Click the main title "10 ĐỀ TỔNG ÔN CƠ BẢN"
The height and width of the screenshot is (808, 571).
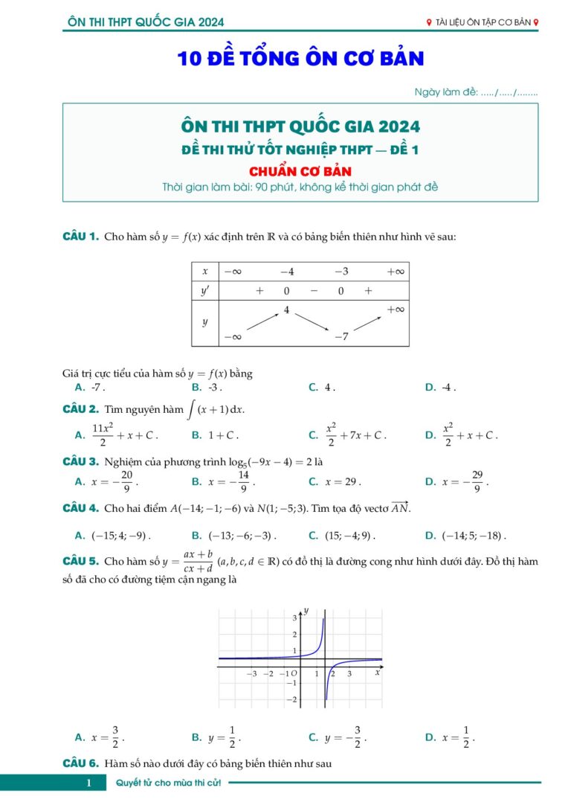pyautogui.click(x=300, y=59)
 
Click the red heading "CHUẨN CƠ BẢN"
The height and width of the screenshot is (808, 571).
pyautogui.click(x=300, y=170)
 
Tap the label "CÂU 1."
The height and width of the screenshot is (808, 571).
pyautogui.click(x=80, y=237)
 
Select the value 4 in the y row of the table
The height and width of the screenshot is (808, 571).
pyautogui.click(x=286, y=309)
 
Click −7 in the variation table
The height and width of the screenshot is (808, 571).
pyautogui.click(x=341, y=336)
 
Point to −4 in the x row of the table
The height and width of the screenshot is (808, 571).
pyautogui.click(x=287, y=272)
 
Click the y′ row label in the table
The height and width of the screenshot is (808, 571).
pyautogui.click(x=205, y=290)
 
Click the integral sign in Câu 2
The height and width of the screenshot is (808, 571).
pyautogui.click(x=192, y=410)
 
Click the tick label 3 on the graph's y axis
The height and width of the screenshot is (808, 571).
pyautogui.click(x=294, y=618)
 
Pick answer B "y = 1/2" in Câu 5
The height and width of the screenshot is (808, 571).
pyautogui.click(x=224, y=737)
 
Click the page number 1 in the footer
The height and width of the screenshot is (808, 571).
pyautogui.click(x=88, y=783)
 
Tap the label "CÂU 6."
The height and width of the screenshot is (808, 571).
pyautogui.click(x=80, y=763)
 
